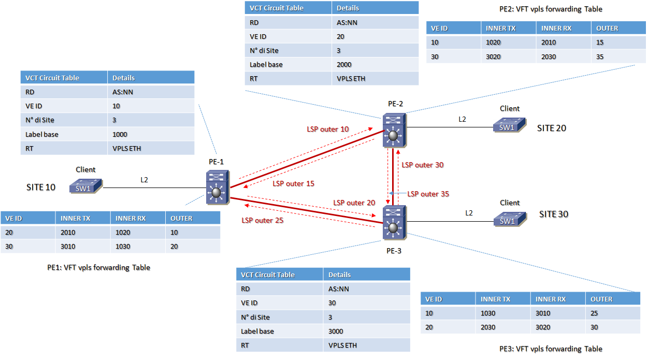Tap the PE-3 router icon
coord(394,223)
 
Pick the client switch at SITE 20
coord(510,125)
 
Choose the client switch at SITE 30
coord(510,219)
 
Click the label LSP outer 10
coord(329,129)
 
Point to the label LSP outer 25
coord(263,220)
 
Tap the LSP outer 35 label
coord(428,194)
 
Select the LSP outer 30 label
coord(423,165)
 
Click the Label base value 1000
coord(120,134)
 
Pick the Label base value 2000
coord(344,65)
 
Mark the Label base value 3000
coord(336,331)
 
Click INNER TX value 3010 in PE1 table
coord(68,247)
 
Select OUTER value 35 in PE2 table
coord(600,56)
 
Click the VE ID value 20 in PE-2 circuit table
coord(340,37)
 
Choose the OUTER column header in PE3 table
coord(601,299)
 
